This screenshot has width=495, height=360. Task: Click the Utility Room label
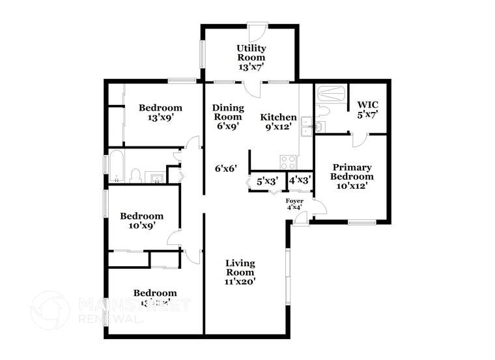coord(251,57)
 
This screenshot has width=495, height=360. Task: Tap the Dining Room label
coord(229,117)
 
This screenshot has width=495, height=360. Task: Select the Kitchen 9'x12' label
coord(279,122)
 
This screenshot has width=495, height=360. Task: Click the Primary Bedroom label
coord(352,176)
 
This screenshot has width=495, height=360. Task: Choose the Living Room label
coord(240,272)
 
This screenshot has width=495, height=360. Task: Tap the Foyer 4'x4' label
coord(295,205)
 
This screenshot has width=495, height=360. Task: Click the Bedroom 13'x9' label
coord(160,113)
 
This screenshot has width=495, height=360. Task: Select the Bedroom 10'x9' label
coord(141,221)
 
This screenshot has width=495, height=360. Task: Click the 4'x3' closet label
coord(300,180)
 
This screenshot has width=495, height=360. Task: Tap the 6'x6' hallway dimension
coord(225,168)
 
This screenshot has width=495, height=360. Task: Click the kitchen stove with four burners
coord(288,161)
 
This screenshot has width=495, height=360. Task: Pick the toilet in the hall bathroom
coord(136,175)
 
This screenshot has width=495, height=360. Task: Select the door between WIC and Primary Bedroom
coord(359,139)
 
